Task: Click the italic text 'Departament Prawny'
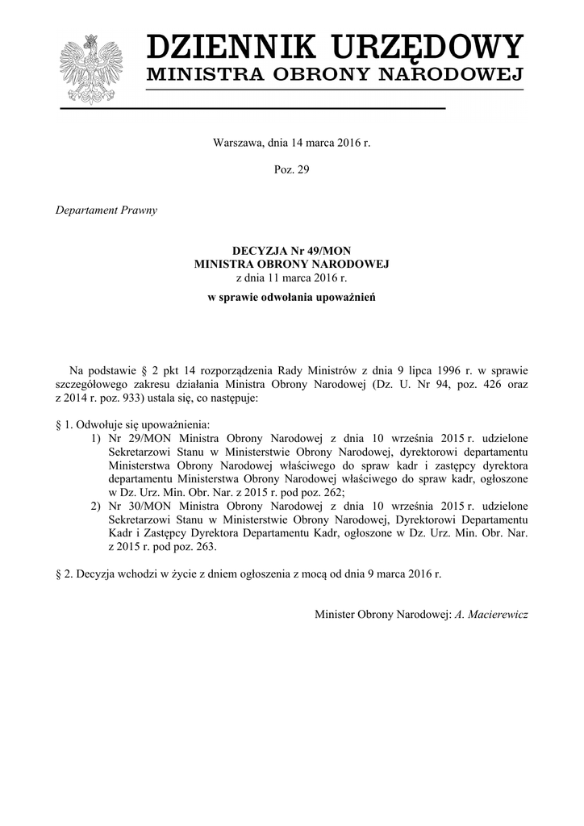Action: coord(106,211)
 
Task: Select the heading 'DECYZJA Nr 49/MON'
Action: coord(292,251)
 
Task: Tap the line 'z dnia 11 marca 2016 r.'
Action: coord(292,277)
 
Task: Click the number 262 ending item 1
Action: coord(332,491)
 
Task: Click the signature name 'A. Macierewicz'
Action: coord(491,614)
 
